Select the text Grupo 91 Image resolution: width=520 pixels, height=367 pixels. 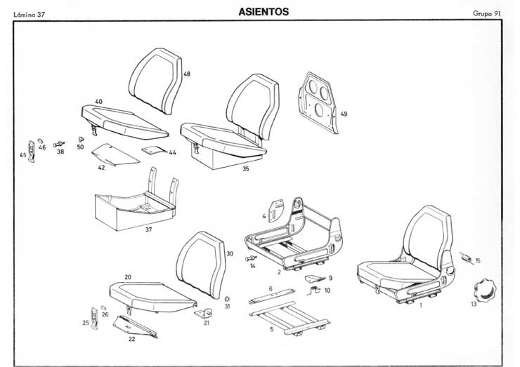click(x=489, y=14)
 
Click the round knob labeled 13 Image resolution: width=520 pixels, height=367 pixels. click(x=484, y=289)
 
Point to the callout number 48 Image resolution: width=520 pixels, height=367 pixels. click(x=187, y=74)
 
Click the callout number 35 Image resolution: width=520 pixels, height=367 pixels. click(x=245, y=169)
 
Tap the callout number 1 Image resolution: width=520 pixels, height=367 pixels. click(x=421, y=306)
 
